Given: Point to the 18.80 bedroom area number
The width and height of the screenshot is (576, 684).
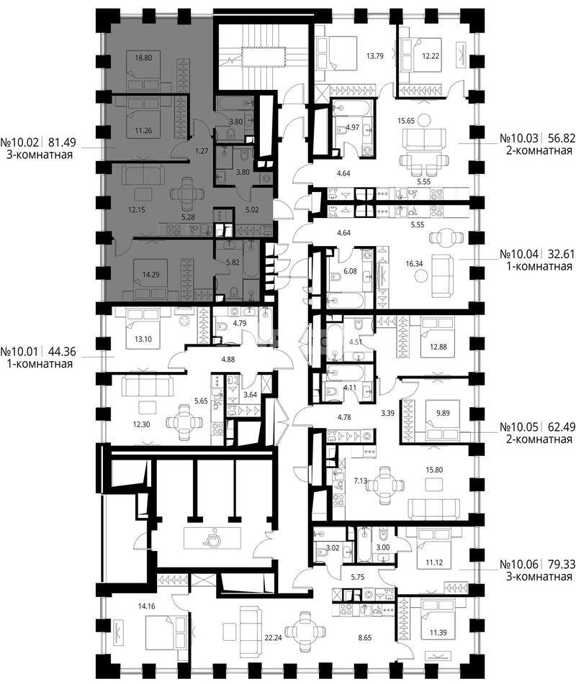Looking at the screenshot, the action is [143, 57].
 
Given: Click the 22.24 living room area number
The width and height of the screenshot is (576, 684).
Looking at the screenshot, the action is [273, 638].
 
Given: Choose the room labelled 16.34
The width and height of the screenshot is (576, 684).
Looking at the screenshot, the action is [414, 263].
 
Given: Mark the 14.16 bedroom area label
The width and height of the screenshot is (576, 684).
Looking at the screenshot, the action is [146, 606].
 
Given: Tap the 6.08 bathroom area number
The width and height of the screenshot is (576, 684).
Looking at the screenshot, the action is [350, 271].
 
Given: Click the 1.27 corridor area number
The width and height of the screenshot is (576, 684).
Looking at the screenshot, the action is [202, 152].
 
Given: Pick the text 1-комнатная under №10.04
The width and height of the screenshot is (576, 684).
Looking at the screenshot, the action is [539, 266].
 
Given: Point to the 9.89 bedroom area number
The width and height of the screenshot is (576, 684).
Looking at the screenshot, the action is [443, 413].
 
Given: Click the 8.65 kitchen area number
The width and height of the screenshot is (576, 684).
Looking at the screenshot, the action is [364, 638].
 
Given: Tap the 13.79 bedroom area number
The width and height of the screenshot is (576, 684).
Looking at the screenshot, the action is [374, 56].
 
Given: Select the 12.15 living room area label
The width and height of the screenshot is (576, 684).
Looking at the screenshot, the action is [136, 210].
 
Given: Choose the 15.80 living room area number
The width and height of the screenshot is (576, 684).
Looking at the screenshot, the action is [434, 470].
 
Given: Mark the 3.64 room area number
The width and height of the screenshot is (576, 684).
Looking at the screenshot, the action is [251, 395].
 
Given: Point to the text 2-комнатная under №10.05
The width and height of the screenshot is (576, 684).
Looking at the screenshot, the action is [539, 439].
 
